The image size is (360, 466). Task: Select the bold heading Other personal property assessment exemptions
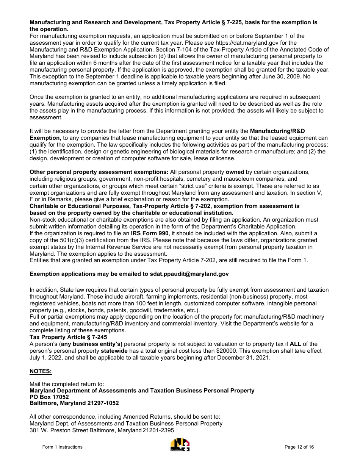pyautogui.click(x=99, y=172)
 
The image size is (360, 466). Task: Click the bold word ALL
pyautogui.click(x=295, y=344)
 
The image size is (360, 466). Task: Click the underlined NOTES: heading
pyautogui.click(x=41, y=371)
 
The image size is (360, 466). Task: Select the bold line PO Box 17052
pyautogui.click(x=49, y=397)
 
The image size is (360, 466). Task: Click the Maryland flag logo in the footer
pyautogui.click(x=180, y=445)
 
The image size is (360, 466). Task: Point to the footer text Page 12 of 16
pyautogui.click(x=299, y=447)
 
